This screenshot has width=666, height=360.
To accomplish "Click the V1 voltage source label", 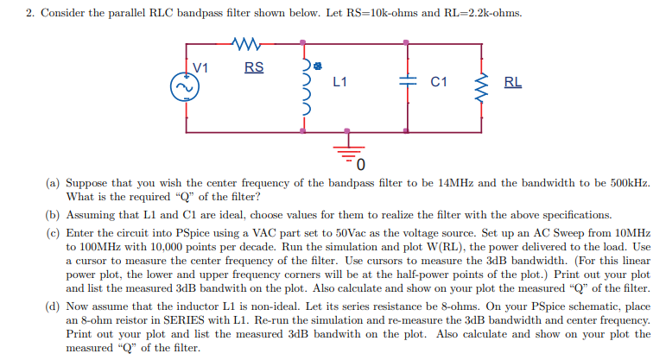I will click(200, 67).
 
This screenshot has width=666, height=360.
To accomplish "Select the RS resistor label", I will click(254, 67).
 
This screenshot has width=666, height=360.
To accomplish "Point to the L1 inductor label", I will click(339, 83).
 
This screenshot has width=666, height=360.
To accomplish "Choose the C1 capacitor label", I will click(439, 83).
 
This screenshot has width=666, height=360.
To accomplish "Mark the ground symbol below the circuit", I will click(349, 148).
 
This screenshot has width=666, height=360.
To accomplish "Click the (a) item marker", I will click(54, 184).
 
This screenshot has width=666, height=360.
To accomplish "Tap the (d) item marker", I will click(54, 306).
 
